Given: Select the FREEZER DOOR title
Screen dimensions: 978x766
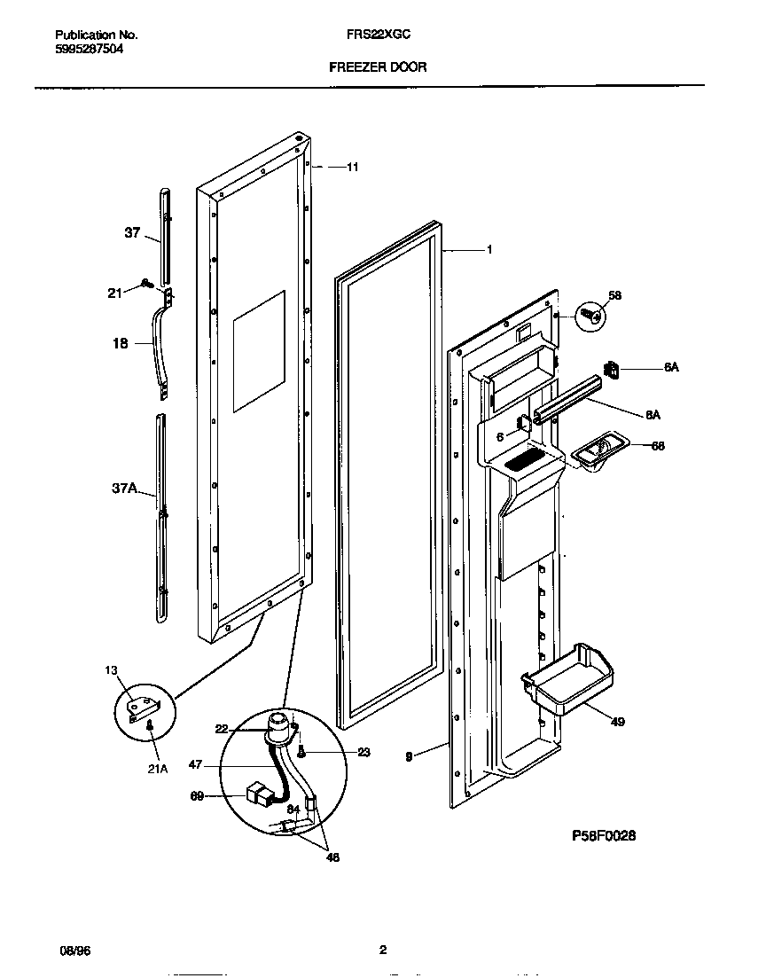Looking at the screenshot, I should [377, 67].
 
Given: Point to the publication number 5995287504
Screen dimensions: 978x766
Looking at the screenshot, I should [88, 50].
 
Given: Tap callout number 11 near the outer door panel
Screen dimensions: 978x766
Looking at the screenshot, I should [352, 167].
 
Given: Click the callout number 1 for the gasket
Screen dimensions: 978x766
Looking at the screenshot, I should [489, 250].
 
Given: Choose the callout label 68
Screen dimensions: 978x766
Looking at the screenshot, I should [657, 446].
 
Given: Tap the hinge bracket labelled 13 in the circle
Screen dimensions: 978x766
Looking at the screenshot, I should [142, 707].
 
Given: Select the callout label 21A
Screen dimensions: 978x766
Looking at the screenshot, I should [156, 769].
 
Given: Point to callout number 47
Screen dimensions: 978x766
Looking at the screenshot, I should [195, 763].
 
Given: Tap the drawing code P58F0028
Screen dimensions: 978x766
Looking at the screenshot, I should [605, 835].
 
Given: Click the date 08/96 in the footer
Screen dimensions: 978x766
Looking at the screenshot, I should [74, 951].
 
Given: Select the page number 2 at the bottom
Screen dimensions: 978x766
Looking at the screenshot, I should [382, 951].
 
